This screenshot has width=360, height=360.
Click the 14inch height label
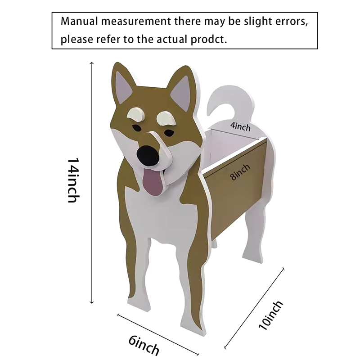click(x=73, y=180)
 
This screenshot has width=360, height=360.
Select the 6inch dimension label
click(x=144, y=345)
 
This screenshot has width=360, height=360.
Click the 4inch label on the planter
click(x=240, y=127)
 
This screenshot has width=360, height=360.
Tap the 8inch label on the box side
click(x=240, y=172)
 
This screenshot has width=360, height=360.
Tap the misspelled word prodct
click(x=211, y=39)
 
